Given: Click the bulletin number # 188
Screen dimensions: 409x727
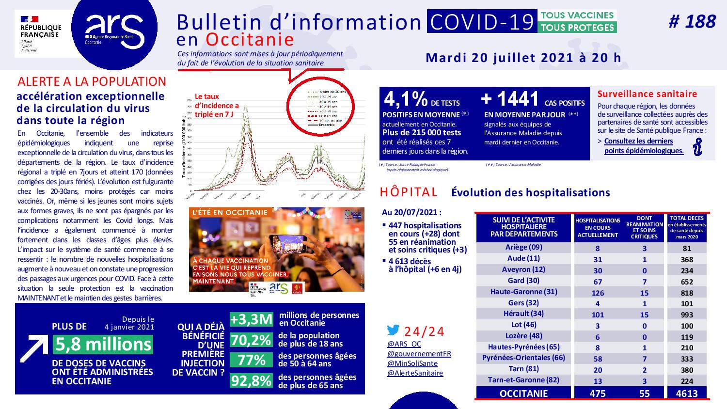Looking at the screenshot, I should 692,22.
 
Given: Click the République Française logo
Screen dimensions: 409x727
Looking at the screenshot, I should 41,33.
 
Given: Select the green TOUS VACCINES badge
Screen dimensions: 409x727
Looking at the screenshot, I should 577,15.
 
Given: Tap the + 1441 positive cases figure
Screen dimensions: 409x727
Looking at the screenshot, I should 510,99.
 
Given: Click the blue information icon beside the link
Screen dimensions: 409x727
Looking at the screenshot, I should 697,146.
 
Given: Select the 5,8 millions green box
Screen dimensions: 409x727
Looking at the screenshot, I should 103,344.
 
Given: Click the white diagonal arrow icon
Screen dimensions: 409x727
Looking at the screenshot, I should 33,348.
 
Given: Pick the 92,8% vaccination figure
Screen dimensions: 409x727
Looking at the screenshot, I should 251,381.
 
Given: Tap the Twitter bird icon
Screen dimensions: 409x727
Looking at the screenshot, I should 393,330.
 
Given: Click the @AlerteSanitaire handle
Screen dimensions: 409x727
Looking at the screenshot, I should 415,373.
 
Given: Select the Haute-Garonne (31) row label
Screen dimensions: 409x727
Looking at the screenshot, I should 523,292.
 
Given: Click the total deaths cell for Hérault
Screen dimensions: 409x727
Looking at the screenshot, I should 687,315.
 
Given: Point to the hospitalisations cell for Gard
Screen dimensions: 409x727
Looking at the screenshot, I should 598,282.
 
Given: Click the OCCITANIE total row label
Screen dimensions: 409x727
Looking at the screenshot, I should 523,393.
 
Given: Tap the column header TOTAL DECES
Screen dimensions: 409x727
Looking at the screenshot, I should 687,227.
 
